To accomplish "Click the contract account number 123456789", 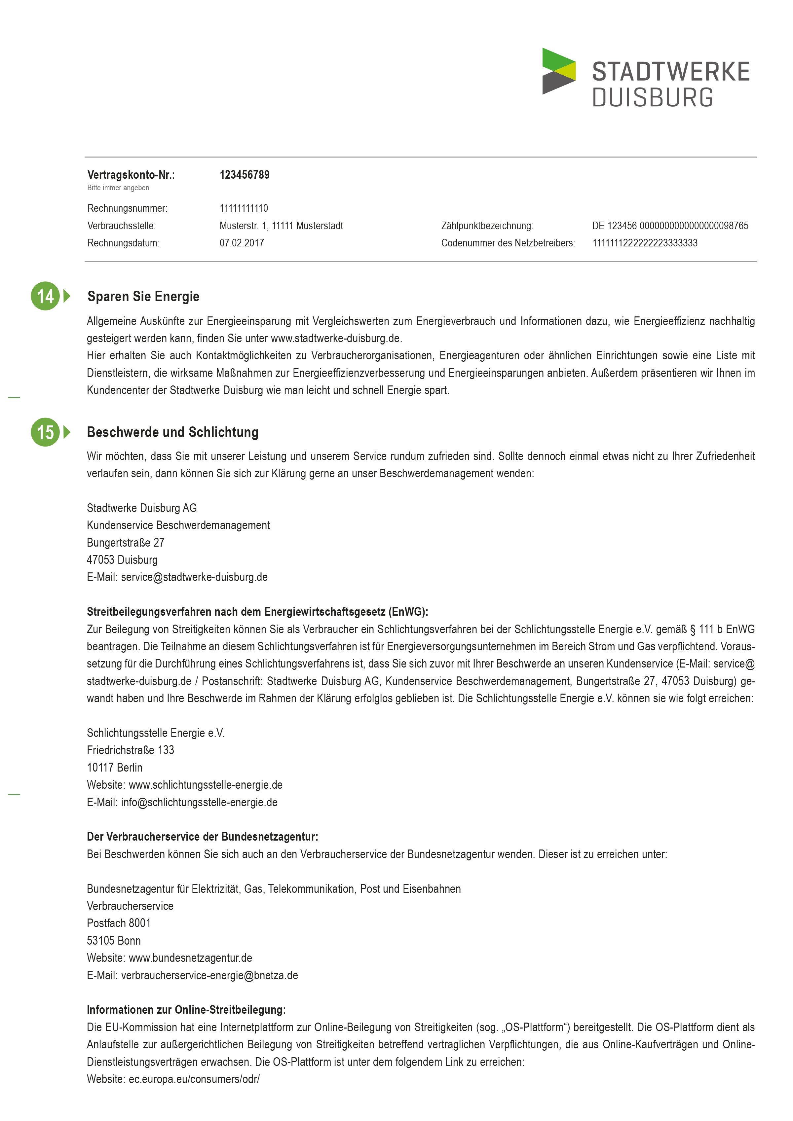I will pyautogui.click(x=244, y=175).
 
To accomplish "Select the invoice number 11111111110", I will pyautogui.click(x=244, y=208).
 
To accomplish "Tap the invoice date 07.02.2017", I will pyautogui.click(x=242, y=243).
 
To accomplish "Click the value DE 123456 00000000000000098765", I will pyautogui.click(x=670, y=226).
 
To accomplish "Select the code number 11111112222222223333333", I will pyautogui.click(x=645, y=243).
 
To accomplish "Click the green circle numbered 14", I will pyautogui.click(x=45, y=296).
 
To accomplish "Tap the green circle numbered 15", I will pyautogui.click(x=45, y=432).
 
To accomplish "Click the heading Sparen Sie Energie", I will pyautogui.click(x=143, y=296).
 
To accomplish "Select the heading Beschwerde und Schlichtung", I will pyautogui.click(x=172, y=432).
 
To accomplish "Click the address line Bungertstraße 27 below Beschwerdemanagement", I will pyautogui.click(x=126, y=542).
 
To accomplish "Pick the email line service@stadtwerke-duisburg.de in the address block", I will pyautogui.click(x=194, y=577).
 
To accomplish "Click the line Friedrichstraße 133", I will pyautogui.click(x=131, y=750).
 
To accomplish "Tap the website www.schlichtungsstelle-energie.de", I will pyautogui.click(x=205, y=785).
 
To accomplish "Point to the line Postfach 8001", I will pyautogui.click(x=119, y=923).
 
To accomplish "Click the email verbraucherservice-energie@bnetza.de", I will pyautogui.click(x=209, y=975).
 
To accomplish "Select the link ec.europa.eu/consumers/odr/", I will pyautogui.click(x=194, y=1079).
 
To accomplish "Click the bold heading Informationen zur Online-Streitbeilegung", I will pyautogui.click(x=186, y=1010).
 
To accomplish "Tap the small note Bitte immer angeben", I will pyautogui.click(x=118, y=188).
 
